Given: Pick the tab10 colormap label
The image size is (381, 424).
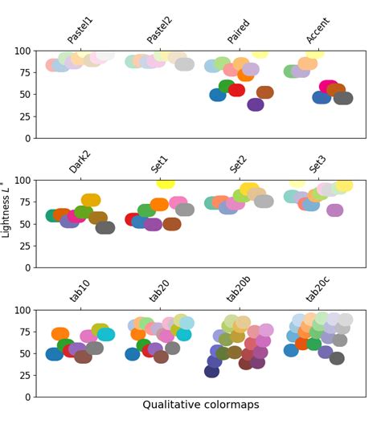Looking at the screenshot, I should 80,290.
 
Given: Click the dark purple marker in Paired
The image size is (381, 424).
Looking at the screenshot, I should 256,104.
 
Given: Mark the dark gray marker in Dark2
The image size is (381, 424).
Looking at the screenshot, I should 105,227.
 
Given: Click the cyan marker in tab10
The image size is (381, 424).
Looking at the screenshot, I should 106,334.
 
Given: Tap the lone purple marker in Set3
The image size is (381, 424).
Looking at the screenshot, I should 334,210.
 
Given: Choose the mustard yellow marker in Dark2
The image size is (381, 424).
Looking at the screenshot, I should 91,200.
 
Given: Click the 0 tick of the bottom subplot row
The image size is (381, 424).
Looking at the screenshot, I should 30,397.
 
